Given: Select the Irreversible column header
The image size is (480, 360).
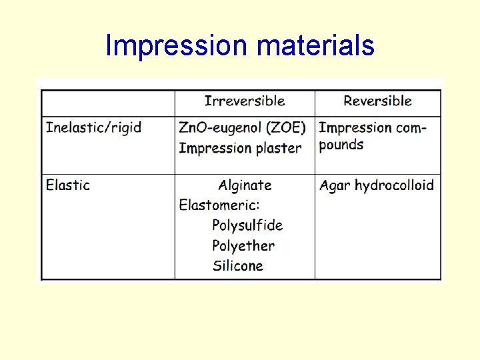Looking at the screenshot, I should click(x=245, y=101).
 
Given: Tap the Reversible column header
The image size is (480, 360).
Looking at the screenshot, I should click(x=377, y=101).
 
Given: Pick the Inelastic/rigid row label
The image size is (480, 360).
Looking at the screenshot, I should click(x=94, y=127).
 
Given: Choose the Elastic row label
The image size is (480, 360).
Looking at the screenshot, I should click(x=68, y=185).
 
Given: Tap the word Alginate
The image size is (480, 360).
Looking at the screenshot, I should click(x=245, y=185).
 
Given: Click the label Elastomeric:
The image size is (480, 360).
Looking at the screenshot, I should click(x=219, y=205).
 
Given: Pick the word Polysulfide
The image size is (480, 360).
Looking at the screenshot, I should click(x=247, y=225).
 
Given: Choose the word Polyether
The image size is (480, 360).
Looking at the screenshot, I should click(x=243, y=245).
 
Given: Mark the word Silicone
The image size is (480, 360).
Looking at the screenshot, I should click(x=238, y=265).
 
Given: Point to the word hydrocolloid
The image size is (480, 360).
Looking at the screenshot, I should click(x=394, y=185).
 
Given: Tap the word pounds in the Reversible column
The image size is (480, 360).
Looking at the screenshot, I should click(x=341, y=145).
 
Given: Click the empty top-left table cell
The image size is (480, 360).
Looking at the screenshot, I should click(x=108, y=103).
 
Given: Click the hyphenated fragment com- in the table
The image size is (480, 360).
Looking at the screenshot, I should click(x=411, y=127).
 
